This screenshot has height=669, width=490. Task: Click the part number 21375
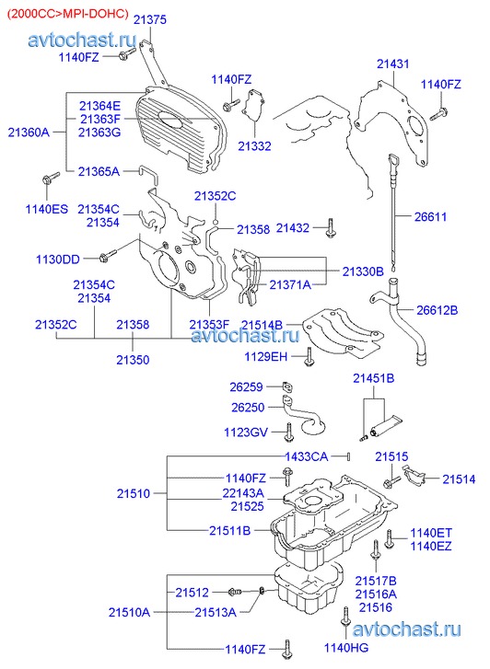click(x=150, y=20)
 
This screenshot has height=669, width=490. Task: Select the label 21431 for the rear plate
click(x=392, y=64)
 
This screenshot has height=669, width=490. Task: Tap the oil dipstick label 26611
click(x=430, y=217)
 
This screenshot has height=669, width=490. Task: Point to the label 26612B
click(x=437, y=310)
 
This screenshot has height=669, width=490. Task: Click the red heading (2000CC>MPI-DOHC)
click(x=67, y=14)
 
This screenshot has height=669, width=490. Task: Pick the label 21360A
click(x=29, y=133)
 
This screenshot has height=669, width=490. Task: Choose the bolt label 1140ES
click(x=46, y=209)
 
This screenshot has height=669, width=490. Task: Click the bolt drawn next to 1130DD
click(x=107, y=255)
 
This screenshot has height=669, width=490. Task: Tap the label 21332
click(x=254, y=146)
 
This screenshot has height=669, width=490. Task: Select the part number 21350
click(x=133, y=360)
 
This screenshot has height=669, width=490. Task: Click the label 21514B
click(x=262, y=325)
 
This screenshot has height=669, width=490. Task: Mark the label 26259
click(x=246, y=387)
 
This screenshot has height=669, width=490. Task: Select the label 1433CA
click(x=307, y=457)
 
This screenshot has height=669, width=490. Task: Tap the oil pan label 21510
click(x=134, y=493)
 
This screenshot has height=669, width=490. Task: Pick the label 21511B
click(x=230, y=531)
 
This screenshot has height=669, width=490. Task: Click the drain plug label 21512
click(x=192, y=593)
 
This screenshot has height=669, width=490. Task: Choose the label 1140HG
click(x=346, y=648)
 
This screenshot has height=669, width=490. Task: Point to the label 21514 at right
click(x=459, y=479)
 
